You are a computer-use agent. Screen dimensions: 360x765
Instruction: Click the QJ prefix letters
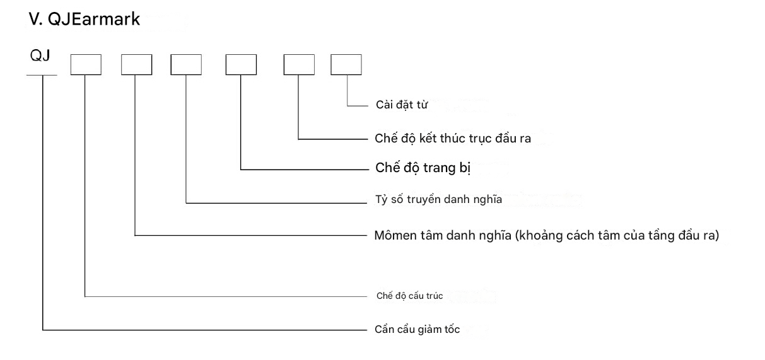coord(40,57)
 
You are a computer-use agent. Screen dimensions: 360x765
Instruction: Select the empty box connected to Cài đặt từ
coord(346,65)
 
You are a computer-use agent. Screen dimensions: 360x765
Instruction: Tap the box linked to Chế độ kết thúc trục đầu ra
coord(298,65)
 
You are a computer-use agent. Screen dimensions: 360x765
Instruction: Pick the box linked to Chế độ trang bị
coord(242,65)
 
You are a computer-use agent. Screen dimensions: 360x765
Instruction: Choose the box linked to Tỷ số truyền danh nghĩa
coord(186,65)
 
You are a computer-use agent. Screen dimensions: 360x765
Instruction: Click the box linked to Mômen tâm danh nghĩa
coord(136,65)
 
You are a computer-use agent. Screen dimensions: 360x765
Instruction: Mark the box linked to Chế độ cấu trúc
coord(85,65)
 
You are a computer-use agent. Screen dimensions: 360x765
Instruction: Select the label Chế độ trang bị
coord(424,169)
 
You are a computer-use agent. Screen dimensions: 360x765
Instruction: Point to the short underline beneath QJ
coord(42,76)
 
